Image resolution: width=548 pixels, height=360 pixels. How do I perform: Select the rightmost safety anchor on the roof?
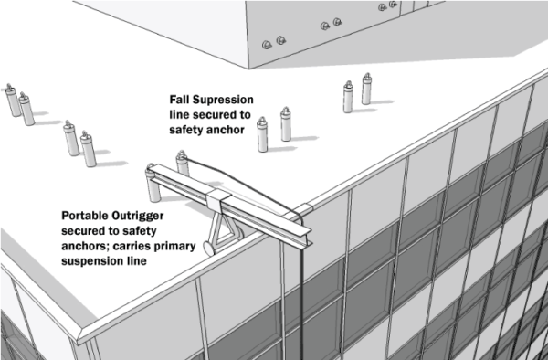point(366,89)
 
